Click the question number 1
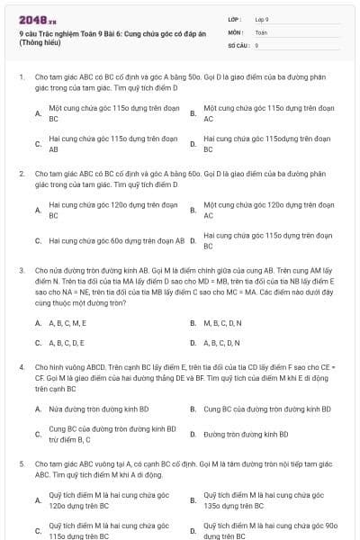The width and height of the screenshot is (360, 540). pos(21,78)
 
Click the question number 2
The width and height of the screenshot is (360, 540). pos(21,172)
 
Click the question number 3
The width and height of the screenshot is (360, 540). pos(21,269)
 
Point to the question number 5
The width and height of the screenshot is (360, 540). pos(21,463)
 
